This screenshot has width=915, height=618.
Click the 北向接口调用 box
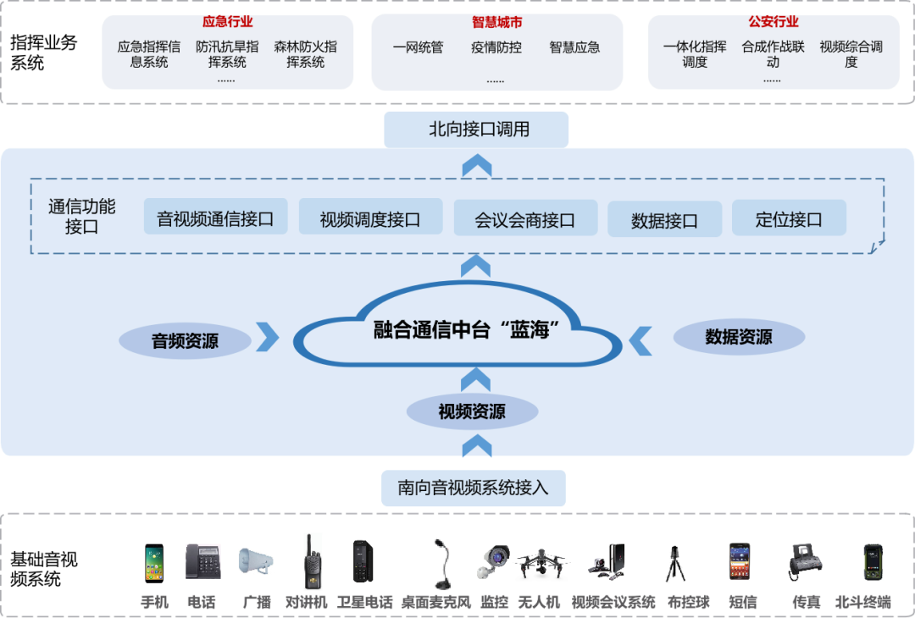point(476,130)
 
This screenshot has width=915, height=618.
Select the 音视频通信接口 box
point(215,218)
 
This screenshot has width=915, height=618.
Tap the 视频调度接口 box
point(370,218)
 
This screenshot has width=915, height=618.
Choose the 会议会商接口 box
point(525,219)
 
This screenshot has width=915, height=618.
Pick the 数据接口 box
point(664,220)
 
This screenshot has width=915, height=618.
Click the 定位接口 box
point(789,218)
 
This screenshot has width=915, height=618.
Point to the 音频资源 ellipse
point(185,341)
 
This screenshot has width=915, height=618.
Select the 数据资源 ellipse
point(739,336)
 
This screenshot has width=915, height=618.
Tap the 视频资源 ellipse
point(472,412)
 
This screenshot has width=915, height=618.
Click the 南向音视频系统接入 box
point(473,488)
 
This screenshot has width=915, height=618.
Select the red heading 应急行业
point(227,21)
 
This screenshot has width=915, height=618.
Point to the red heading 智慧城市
point(497,21)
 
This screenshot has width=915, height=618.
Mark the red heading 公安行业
point(774,21)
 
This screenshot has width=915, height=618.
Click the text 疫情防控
point(496,47)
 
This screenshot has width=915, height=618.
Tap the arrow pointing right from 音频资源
point(268,336)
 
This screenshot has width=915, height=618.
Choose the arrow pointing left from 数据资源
point(640,339)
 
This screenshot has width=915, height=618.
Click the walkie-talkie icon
point(311,560)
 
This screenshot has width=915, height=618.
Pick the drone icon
point(541,562)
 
